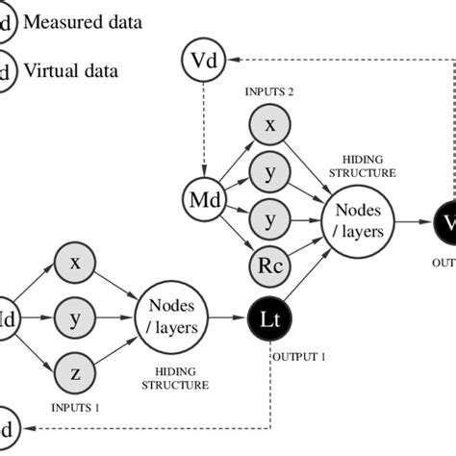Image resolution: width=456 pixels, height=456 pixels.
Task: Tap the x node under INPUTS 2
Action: [269, 125]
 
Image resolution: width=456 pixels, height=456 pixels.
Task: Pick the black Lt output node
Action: [270, 315]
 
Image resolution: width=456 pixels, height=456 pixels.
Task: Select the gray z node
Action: [75, 369]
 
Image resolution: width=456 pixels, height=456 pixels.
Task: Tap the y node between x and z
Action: [75, 316]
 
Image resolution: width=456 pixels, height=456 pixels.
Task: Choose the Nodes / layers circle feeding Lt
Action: [172, 316]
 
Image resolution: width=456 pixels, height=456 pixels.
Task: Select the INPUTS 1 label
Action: [75, 408]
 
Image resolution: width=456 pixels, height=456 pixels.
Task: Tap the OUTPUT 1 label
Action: [300, 356]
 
